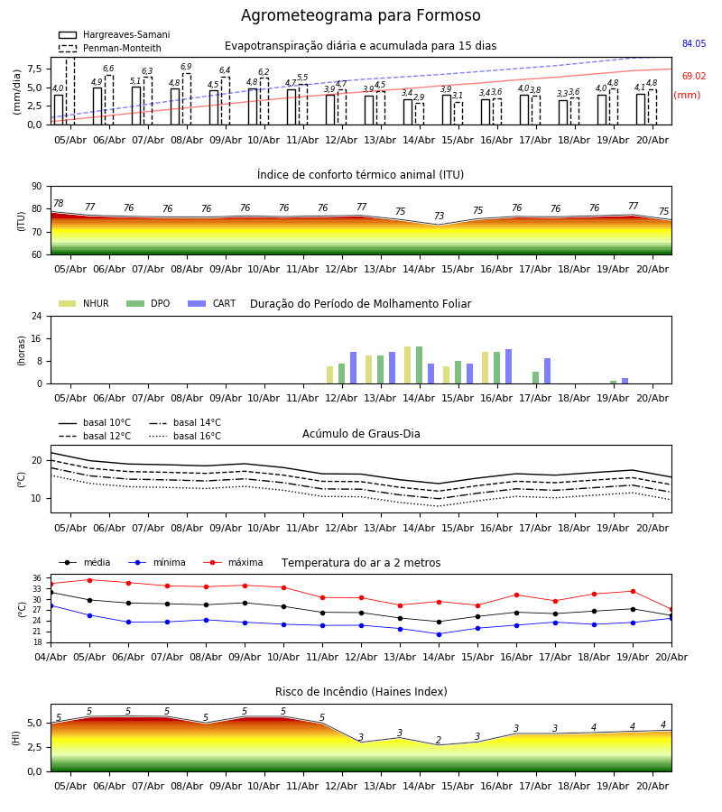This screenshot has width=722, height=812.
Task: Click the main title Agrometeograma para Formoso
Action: pyautogui.click(x=360, y=15)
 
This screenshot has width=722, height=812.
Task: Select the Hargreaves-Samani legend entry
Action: pyautogui.click(x=114, y=34)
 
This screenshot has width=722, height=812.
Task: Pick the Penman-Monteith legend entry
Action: pyautogui.click(x=110, y=48)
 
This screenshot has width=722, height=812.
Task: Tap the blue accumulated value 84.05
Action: pyautogui.click(x=694, y=43)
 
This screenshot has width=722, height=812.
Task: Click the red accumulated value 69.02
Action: pyautogui.click(x=694, y=76)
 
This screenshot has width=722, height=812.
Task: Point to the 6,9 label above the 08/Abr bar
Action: pyautogui.click(x=186, y=67)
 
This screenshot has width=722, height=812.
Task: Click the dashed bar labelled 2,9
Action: pyautogui.click(x=419, y=114)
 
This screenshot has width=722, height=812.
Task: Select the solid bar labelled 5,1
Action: pyautogui.click(x=136, y=106)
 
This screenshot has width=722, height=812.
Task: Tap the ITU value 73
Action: pyautogui.click(x=439, y=216)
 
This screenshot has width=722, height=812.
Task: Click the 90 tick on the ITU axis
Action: pyautogui.click(x=37, y=187)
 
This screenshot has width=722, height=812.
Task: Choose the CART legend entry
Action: pyautogui.click(x=212, y=303)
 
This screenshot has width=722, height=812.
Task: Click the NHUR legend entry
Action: pyautogui.click(x=84, y=303)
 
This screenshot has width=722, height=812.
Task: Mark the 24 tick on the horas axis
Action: pyautogui.click(x=37, y=316)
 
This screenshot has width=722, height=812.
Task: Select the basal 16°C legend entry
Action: pyautogui.click(x=185, y=436)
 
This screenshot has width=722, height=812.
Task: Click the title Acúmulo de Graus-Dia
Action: pyautogui.click(x=361, y=434)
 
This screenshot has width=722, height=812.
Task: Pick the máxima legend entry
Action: pyautogui.click(x=233, y=562)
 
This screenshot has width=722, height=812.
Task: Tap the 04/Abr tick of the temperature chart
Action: pyautogui.click(x=51, y=657)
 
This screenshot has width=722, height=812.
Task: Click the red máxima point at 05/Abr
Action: pyautogui.click(x=89, y=580)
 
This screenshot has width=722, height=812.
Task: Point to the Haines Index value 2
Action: pyautogui.click(x=439, y=740)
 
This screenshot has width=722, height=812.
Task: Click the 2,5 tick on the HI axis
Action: pyautogui.click(x=34, y=747)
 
